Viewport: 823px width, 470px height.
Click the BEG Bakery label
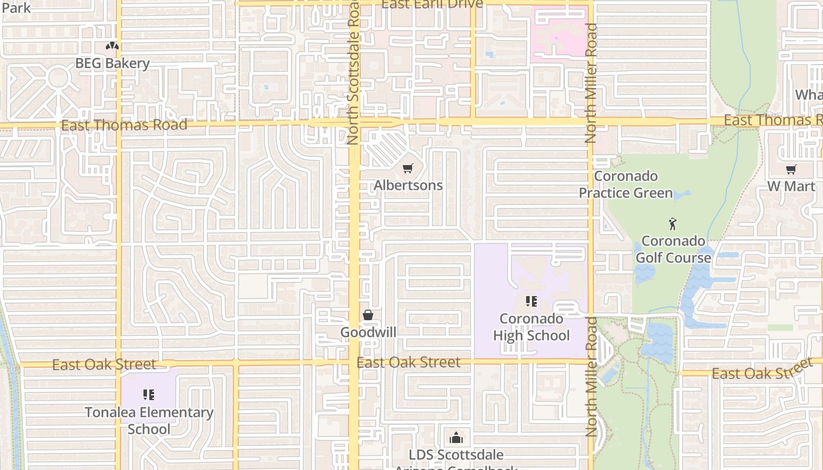(x=112, y=63)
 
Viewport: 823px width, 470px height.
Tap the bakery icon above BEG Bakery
(x=112, y=46)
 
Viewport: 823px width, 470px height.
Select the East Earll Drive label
(x=432, y=4)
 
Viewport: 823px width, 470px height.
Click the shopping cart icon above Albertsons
(x=408, y=169)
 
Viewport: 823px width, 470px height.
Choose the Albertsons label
(x=408, y=186)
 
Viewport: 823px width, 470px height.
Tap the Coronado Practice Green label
(x=625, y=184)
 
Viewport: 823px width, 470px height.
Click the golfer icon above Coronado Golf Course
(x=673, y=224)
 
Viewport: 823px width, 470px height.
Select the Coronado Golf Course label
(x=673, y=249)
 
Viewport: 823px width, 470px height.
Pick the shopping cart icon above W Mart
(x=791, y=170)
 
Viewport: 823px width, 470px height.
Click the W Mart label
(x=791, y=187)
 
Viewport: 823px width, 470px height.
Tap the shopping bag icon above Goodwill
(x=368, y=315)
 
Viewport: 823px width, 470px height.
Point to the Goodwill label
(x=368, y=333)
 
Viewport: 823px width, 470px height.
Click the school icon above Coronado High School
(x=531, y=302)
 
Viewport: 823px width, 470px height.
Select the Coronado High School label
(x=531, y=327)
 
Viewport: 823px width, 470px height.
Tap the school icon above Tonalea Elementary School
(x=149, y=395)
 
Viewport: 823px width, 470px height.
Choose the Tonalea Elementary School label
(x=149, y=421)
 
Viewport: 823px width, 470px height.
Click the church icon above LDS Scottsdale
(x=456, y=438)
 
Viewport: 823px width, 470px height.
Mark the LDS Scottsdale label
(x=456, y=455)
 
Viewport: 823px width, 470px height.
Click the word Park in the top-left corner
(x=16, y=8)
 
